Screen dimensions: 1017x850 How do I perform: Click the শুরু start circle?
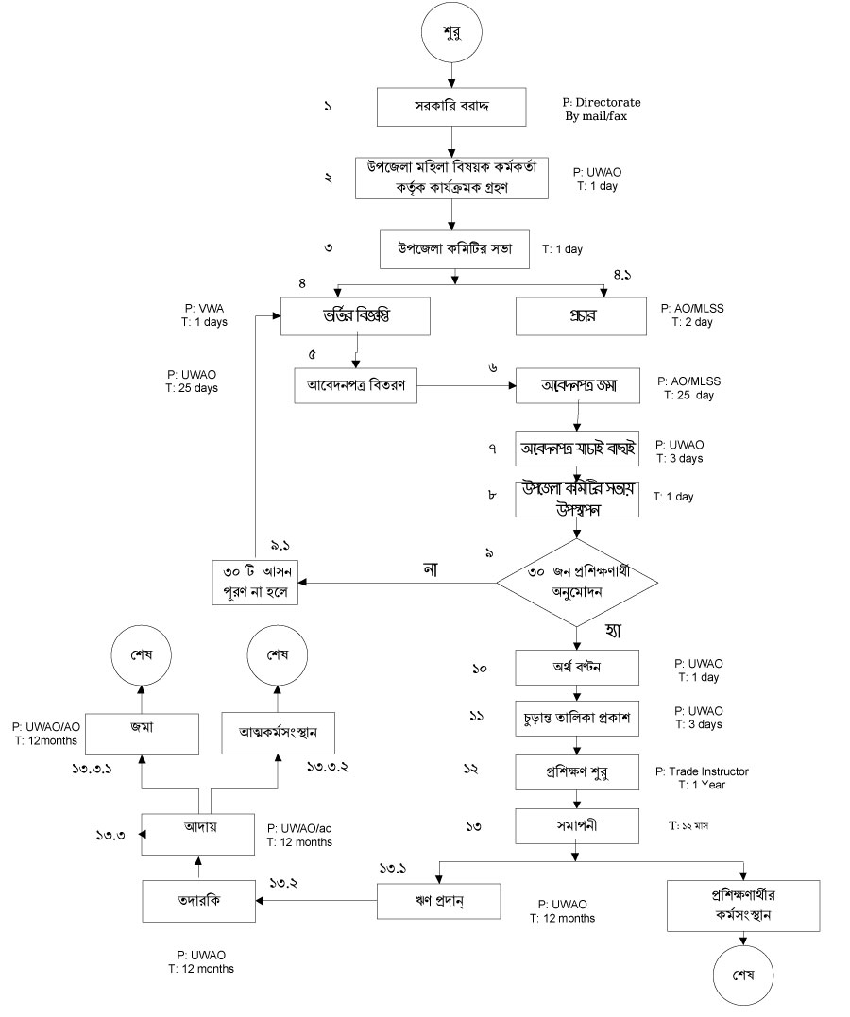pos(452,34)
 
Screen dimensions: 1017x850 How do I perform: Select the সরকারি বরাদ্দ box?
pos(452,107)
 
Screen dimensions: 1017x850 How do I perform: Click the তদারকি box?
pos(199,900)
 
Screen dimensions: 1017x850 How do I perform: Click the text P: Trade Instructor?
pos(702,771)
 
